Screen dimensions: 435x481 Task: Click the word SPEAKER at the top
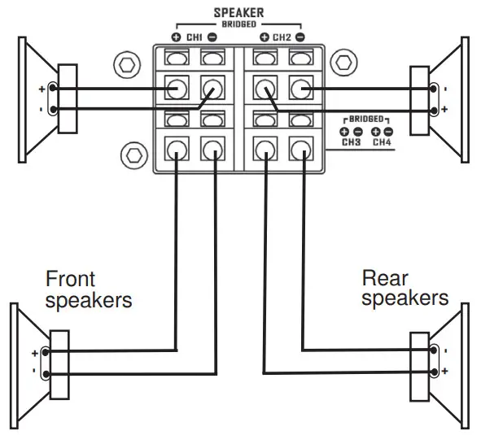point(237,13)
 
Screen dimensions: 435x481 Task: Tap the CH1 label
point(193,37)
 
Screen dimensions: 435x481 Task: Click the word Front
point(70,279)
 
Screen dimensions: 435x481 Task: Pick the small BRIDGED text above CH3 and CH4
point(367,119)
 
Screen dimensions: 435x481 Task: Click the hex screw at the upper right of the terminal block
point(344,63)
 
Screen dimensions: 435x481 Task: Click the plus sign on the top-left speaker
point(41,89)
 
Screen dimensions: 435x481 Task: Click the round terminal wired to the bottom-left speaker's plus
point(177,149)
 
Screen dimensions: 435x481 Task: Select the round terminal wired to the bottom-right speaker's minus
point(301,149)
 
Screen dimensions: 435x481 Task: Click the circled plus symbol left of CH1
point(176,37)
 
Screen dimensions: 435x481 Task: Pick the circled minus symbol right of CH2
point(300,37)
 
